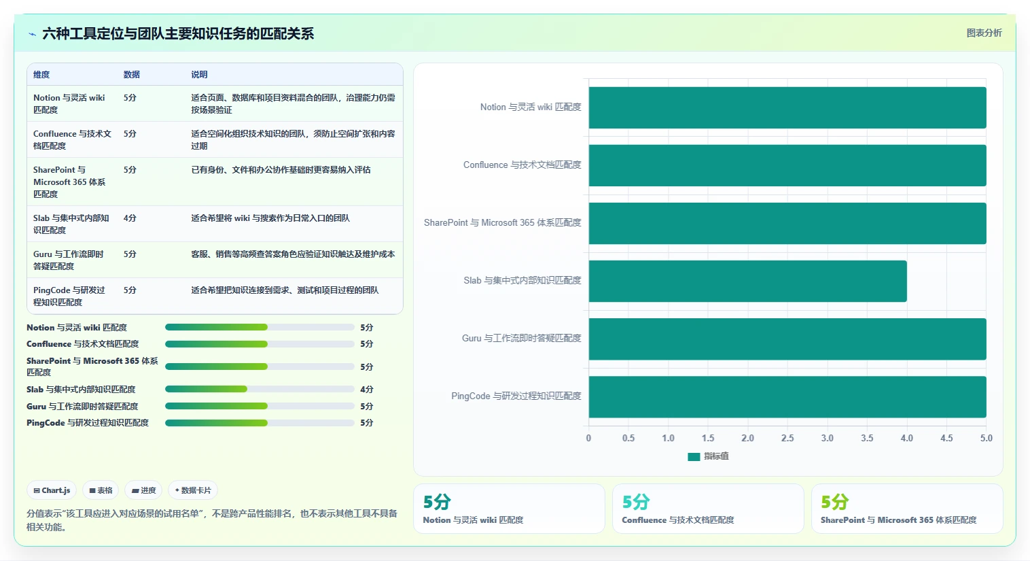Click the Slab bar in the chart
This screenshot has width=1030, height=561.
(747, 282)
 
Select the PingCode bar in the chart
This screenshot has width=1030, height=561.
(787, 396)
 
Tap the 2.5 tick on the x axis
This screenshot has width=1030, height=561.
(787, 438)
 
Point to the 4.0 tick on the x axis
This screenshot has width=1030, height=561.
(906, 438)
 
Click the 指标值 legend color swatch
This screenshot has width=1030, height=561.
(694, 456)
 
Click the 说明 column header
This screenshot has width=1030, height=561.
(199, 75)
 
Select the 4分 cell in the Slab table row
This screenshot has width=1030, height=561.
(130, 218)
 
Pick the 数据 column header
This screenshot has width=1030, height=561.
(132, 75)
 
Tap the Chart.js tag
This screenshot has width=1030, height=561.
(52, 490)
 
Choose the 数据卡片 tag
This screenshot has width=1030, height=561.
(193, 490)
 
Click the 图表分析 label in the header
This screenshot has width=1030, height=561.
(984, 33)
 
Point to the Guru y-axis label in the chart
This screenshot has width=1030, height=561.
(521, 338)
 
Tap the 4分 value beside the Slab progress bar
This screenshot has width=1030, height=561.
(366, 390)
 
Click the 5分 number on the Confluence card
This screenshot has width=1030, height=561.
(635, 502)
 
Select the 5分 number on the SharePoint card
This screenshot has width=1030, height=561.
(834, 502)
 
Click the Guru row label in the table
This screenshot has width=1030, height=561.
(69, 260)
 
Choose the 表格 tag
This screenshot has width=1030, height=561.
(101, 490)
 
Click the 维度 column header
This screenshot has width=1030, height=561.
(41, 75)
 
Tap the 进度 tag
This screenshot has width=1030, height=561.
(143, 490)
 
